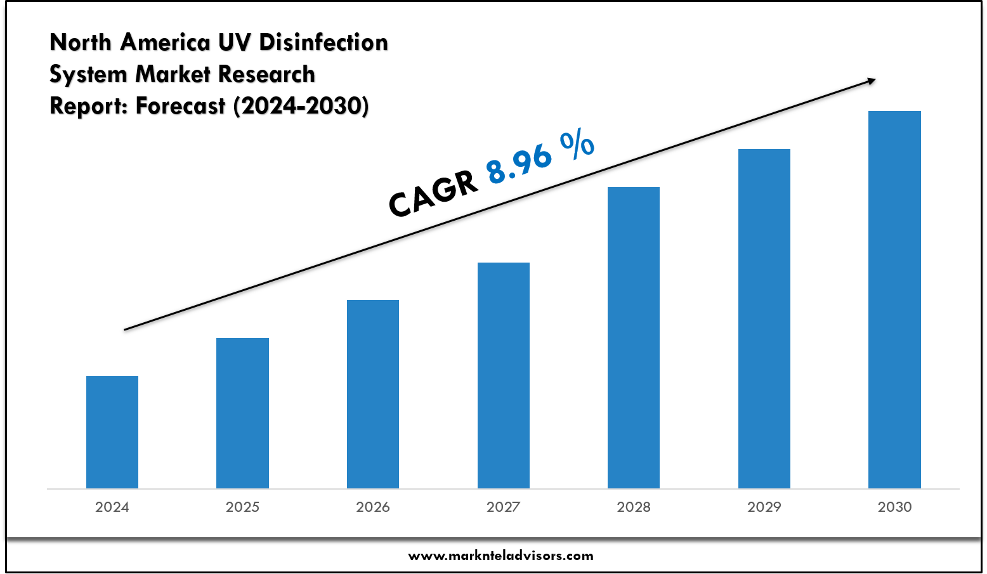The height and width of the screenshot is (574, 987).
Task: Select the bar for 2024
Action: point(112,432)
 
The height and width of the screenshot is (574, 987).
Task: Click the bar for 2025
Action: point(242,413)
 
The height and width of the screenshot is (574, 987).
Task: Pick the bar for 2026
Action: point(373,394)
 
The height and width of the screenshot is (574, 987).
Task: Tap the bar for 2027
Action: point(504,375)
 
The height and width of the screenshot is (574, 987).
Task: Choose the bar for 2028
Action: point(634,337)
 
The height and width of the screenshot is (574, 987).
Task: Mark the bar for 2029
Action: point(764,318)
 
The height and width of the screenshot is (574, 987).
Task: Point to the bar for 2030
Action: point(894,299)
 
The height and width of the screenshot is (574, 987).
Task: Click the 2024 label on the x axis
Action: point(112,507)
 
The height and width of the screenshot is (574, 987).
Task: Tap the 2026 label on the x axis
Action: point(373,507)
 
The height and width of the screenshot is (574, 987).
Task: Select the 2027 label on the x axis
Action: point(504,507)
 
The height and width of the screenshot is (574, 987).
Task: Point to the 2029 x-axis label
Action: point(764,507)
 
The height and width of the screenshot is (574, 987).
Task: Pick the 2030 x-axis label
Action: point(894,507)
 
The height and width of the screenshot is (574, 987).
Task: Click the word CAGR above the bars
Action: point(433,194)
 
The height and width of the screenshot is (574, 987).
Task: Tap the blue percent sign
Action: point(577,145)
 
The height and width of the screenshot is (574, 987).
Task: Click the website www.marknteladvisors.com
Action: point(500,556)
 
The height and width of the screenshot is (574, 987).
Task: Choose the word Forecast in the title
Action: point(181,106)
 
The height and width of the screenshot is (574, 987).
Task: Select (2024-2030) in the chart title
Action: point(301,106)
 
